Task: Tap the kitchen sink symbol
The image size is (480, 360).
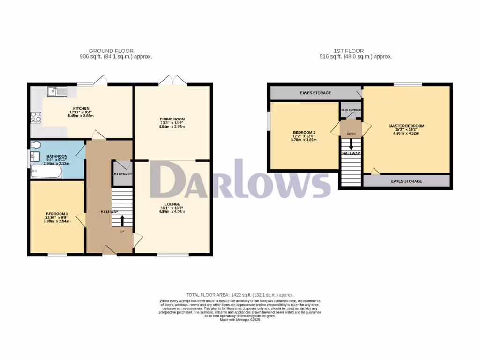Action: pos(57,91)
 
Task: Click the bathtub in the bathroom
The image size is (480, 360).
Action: pos(46,172)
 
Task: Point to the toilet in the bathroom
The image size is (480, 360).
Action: pos(37,145)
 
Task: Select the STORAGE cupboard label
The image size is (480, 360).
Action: pos(122,174)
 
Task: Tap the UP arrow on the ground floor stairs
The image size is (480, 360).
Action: pos(122,220)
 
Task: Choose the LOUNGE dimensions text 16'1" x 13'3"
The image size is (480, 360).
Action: pos(172,208)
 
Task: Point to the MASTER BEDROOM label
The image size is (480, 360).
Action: pos(406,126)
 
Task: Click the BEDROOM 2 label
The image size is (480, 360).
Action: pos(304,133)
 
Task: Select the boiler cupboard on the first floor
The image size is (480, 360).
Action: pos(351,110)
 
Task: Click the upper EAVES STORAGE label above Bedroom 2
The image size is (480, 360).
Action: pos(315,93)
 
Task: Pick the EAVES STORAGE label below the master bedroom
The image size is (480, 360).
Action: pos(406,181)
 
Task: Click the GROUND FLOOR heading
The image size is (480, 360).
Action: pos(111,51)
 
